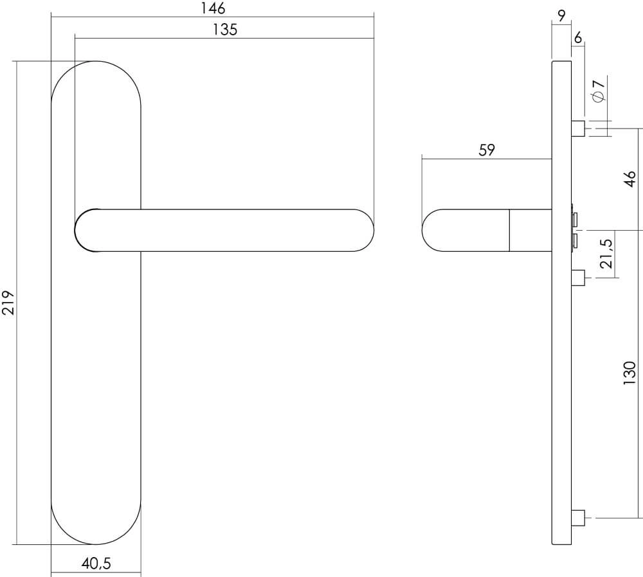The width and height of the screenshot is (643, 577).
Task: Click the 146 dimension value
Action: (212, 8)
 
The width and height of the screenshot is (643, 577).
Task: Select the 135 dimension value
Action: (224, 30)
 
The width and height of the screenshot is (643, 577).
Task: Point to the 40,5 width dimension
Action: (96, 564)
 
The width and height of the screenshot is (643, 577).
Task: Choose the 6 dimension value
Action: (577, 38)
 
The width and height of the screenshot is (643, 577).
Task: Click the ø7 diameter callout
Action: (598, 90)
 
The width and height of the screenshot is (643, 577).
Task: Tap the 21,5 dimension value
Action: (605, 253)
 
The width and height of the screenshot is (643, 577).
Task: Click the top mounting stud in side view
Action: (577, 129)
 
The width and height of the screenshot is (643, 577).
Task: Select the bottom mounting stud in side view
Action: (577, 517)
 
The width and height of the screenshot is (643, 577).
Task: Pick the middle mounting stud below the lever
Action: (577, 278)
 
